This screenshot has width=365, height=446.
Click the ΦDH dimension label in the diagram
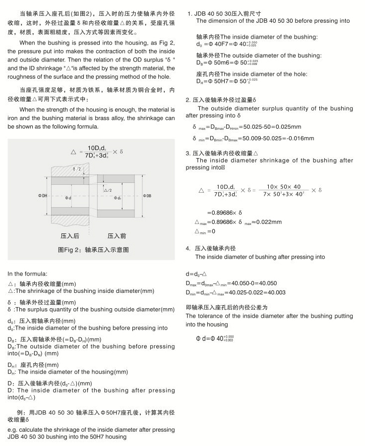[43, 196]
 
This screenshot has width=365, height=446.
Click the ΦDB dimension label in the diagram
[147, 196]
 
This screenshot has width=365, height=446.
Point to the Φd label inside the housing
[68, 198]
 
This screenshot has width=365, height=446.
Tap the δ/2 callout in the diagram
[76, 169]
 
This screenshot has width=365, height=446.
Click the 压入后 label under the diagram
[69, 236]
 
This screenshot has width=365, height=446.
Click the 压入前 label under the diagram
[117, 236]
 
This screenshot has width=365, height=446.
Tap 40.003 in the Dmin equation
[275, 292]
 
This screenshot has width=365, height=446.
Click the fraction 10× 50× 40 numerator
[284, 186]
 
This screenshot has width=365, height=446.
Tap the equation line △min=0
[205, 231]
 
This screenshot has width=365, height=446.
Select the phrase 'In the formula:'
[27, 274]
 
